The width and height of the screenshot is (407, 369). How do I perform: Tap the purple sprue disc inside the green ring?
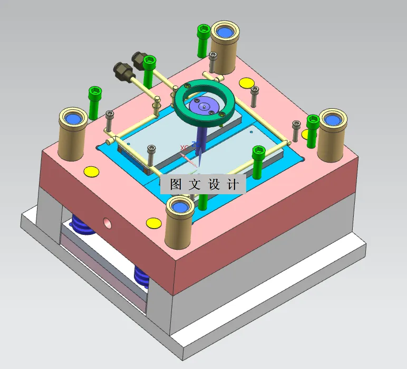[203, 106]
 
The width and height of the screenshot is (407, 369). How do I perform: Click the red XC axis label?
[184, 147]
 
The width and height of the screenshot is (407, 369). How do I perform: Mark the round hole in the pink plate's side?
[108, 221]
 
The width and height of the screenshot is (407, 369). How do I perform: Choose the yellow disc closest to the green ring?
[246, 83]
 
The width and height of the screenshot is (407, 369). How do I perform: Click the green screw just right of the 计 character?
[259, 161]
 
